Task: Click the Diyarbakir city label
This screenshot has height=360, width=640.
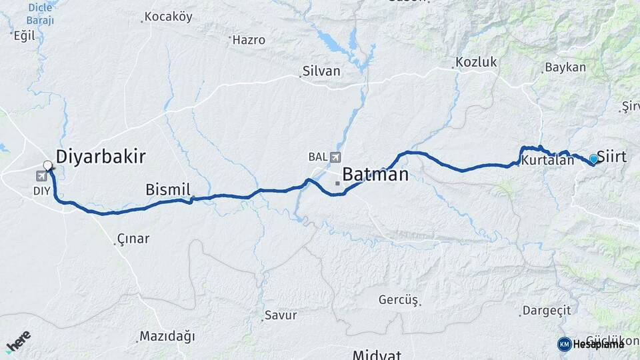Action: [101, 157]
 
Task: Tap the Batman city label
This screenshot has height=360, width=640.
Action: [375, 175]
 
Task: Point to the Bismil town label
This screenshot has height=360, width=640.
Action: [168, 190]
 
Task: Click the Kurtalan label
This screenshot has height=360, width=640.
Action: [547, 161]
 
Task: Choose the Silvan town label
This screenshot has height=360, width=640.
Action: [321, 71]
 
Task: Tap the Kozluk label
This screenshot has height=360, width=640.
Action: [477, 63]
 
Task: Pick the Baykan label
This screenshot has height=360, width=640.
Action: [565, 67]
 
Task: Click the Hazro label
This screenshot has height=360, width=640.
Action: [249, 40]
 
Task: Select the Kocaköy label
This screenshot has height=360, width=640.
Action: [168, 16]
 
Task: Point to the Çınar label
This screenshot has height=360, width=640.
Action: [133, 239]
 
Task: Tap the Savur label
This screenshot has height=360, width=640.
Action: [281, 315]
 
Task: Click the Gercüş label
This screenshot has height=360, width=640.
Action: [399, 300]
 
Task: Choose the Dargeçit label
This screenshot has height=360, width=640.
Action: [547, 310]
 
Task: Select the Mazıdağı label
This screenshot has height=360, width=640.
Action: [167, 337]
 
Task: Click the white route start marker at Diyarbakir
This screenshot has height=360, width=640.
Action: [48, 165]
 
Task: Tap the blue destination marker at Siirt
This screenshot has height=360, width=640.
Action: [593, 159]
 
